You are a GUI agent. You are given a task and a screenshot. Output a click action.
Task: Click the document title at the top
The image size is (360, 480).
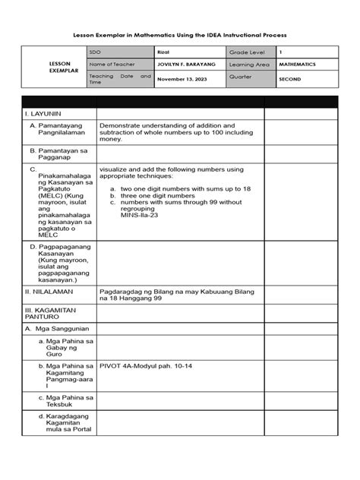[x=180, y=36]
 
